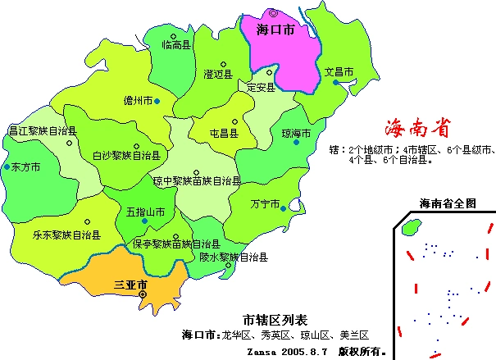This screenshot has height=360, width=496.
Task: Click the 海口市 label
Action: coord(275,30)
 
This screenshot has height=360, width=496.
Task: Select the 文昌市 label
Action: coord(339,71)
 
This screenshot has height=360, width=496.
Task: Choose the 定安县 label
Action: coord(261,88)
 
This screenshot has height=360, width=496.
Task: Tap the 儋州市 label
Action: coord(137,101)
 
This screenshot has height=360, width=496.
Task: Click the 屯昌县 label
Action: coord(224,133)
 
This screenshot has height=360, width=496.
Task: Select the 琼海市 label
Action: coord(296,133)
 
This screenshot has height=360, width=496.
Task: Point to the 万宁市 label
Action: coord(265,203)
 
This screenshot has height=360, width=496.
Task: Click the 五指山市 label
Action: coord(145,212)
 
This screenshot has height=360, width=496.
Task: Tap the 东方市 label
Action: coord(25,166)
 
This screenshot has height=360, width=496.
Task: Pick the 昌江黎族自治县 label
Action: coord(43,130)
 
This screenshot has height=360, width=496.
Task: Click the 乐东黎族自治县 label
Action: coord(67,235)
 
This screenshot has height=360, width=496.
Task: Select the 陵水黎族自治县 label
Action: coord(234,256)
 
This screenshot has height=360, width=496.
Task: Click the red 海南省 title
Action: coord(417,128)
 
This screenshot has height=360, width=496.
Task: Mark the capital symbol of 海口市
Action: coord(274,13)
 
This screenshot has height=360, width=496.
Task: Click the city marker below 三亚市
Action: coord(143,294)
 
